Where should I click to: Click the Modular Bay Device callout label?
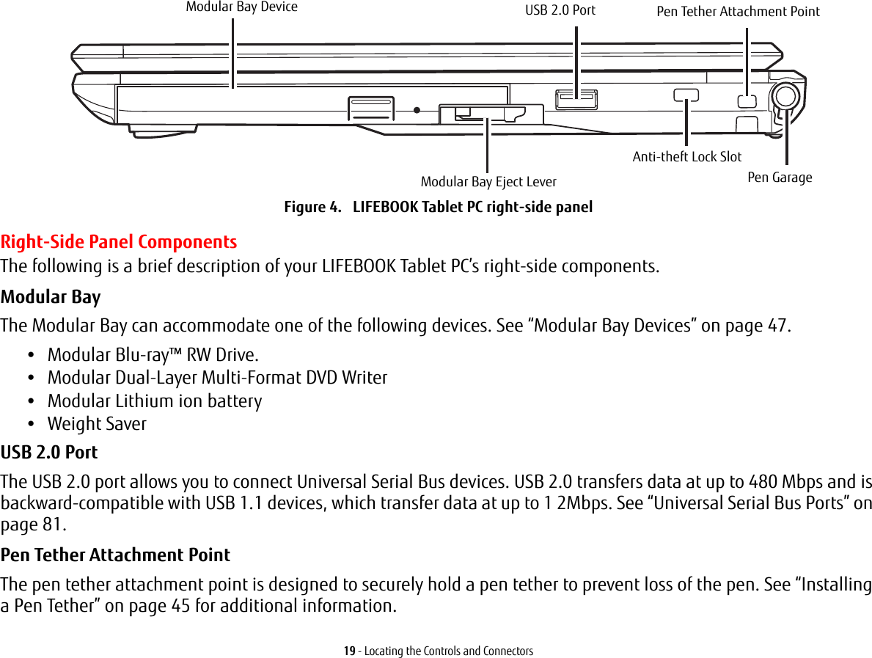241,7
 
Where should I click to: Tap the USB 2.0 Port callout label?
560,10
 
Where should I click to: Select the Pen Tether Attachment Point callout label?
738,12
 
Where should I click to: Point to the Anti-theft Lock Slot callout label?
687,156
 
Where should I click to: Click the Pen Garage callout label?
780,178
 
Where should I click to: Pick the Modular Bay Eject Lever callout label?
488,181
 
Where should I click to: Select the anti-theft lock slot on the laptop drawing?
686,94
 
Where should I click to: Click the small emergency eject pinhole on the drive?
417,110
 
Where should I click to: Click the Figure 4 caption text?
438,207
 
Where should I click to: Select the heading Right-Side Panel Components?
119,241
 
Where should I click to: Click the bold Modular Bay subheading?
51,297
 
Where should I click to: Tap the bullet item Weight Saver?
97,424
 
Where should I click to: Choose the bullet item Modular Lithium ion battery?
154,401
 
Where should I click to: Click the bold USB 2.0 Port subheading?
49,453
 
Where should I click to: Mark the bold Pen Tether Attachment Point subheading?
115,555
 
